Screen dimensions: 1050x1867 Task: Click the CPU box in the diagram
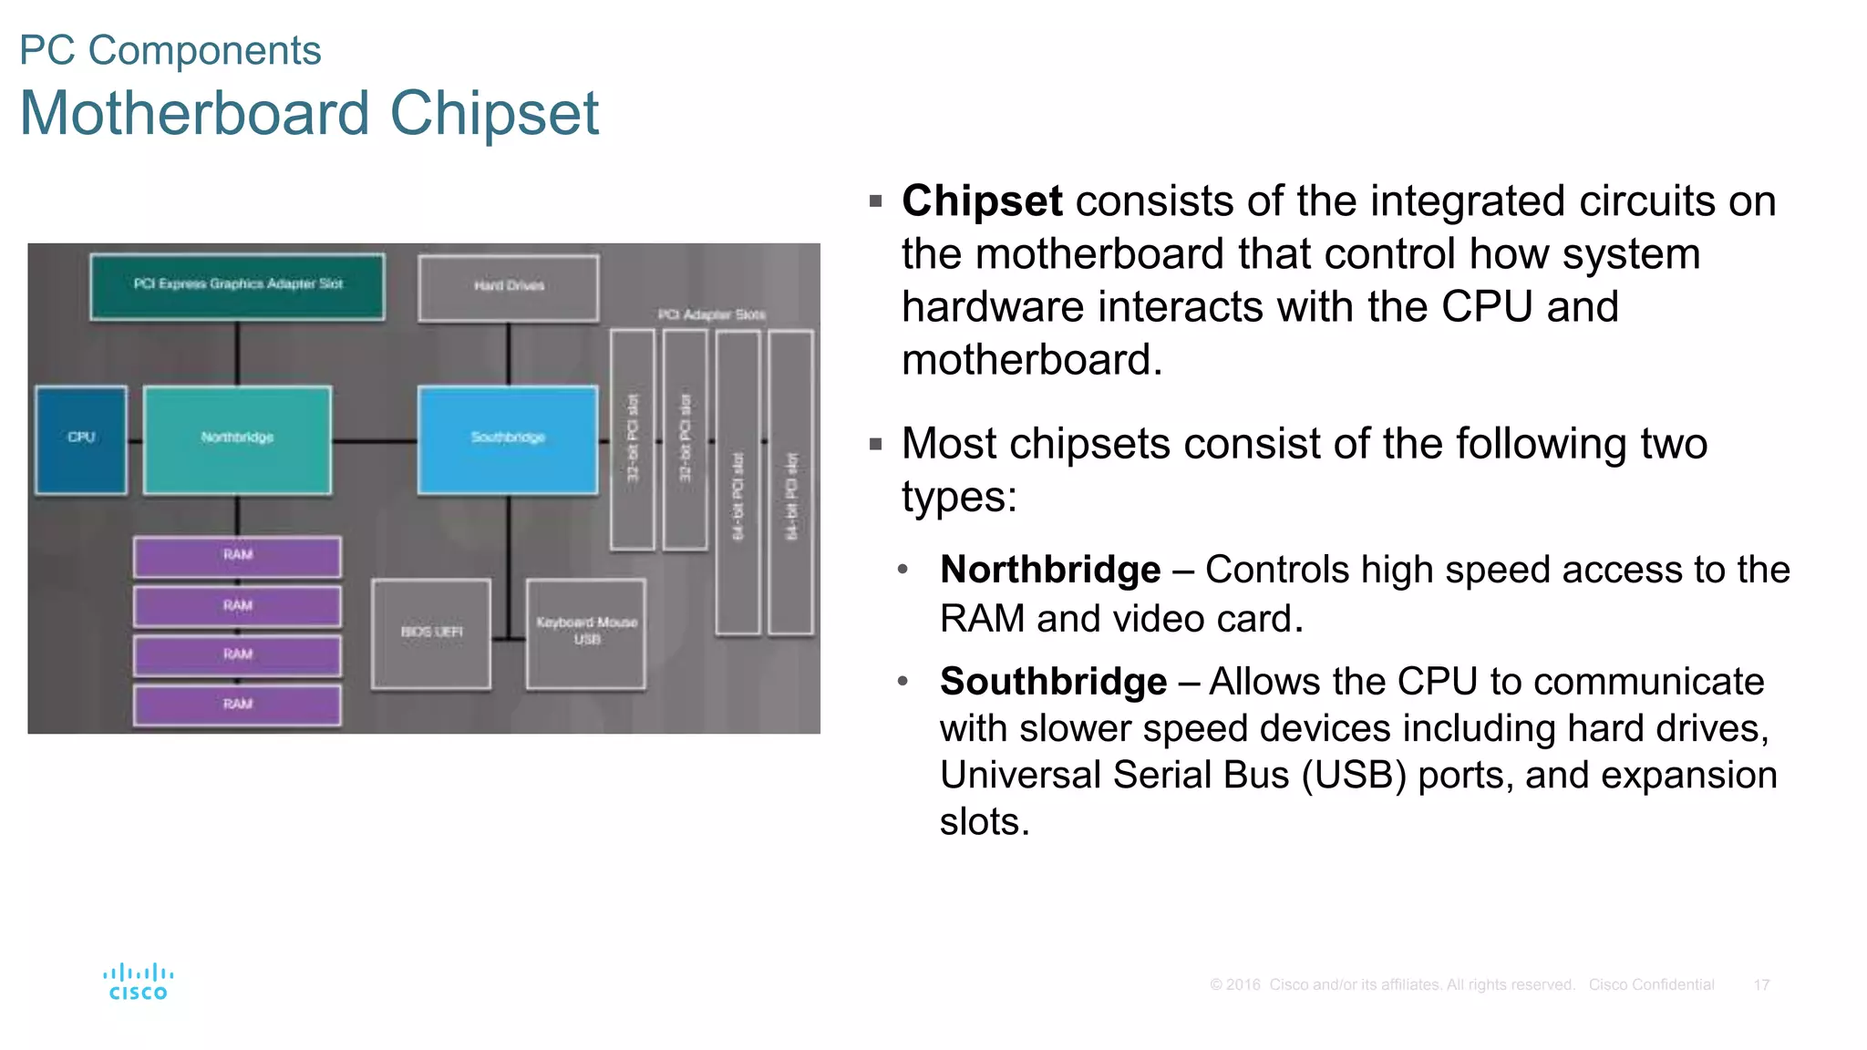tap(81, 439)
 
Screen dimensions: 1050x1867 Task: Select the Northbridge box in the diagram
tap(237, 439)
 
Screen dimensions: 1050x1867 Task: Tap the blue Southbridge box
tap(508, 439)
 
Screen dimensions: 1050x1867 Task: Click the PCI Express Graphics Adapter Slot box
tap(237, 286)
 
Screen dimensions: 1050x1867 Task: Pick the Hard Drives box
tap(509, 287)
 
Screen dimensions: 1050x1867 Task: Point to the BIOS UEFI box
tap(431, 633)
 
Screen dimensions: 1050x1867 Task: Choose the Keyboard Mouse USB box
tap(586, 633)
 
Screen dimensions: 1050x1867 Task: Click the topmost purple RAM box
tap(237, 556)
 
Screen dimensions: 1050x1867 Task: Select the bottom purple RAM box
tap(237, 705)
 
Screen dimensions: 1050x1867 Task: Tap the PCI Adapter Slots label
tap(712, 314)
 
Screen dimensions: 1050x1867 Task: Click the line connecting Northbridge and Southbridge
tap(374, 441)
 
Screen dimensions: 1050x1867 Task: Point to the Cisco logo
tap(138, 982)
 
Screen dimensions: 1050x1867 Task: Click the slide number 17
tap(1761, 984)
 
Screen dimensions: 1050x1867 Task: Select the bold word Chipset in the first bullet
tap(982, 201)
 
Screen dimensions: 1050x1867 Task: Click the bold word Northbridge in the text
tap(1050, 570)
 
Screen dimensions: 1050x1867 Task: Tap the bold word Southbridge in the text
tap(1053, 682)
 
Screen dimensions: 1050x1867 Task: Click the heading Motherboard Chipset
tap(309, 114)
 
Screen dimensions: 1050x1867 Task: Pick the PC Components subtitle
tap(170, 50)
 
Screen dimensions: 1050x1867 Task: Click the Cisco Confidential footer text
tap(1651, 984)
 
